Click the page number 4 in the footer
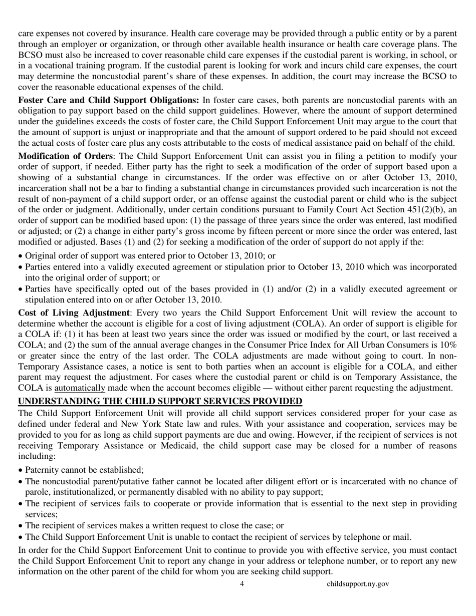[x=242, y=584]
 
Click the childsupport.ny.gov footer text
[x=358, y=584]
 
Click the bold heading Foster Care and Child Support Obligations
[x=108, y=100]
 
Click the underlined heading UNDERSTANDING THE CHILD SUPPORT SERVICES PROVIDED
[x=160, y=401]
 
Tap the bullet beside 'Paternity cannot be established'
[x=21, y=470]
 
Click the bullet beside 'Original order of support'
[x=21, y=256]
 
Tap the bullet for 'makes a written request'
[x=21, y=526]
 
